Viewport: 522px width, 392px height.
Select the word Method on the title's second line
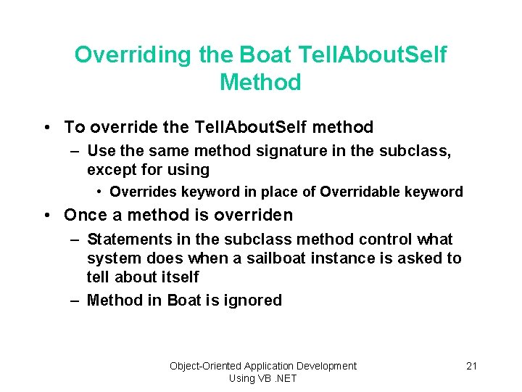pos(260,83)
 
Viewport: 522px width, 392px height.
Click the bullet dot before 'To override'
pos(47,128)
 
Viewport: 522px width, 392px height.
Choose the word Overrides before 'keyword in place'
pos(141,192)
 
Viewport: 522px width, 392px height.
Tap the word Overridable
pos(357,192)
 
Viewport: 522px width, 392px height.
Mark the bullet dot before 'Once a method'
pos(47,216)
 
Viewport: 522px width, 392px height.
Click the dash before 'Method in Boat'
pos(75,301)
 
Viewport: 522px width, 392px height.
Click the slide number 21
pos(471,366)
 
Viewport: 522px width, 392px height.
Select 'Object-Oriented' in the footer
pos(205,366)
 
